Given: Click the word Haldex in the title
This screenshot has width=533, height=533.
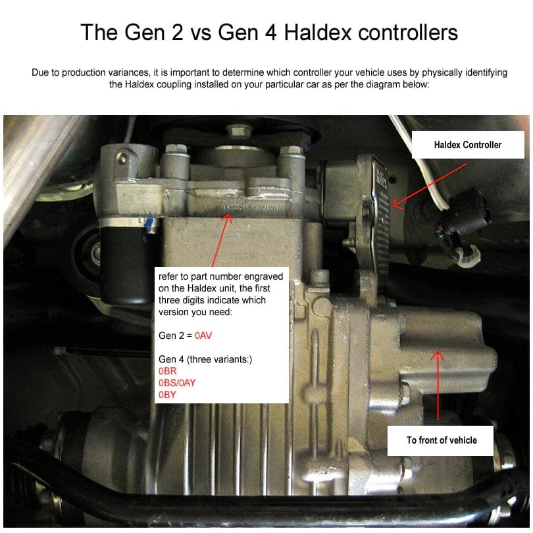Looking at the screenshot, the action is tap(317, 32).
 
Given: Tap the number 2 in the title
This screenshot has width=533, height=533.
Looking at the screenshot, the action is tap(176, 33).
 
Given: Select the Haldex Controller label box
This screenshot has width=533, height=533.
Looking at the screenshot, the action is tap(468, 145).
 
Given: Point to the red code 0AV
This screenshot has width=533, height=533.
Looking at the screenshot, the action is tap(203, 336).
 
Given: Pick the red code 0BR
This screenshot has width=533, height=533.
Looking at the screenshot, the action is tap(168, 371).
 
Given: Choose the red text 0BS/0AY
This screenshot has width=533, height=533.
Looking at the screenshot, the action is tap(177, 383).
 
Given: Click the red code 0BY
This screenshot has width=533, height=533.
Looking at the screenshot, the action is tap(167, 395).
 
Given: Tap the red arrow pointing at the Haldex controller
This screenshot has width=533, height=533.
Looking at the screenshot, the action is tap(430, 186).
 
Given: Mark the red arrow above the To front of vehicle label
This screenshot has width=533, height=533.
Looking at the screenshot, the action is tap(438, 386).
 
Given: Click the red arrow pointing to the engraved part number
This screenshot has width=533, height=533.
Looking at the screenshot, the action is tap(222, 240).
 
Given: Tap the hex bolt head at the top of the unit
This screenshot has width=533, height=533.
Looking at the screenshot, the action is tap(237, 131).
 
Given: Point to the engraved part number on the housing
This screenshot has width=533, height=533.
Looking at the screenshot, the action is tap(251, 207).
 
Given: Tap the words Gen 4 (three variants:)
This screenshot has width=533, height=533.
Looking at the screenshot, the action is tap(205, 359).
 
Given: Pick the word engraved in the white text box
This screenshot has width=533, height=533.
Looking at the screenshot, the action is tap(263, 276).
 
